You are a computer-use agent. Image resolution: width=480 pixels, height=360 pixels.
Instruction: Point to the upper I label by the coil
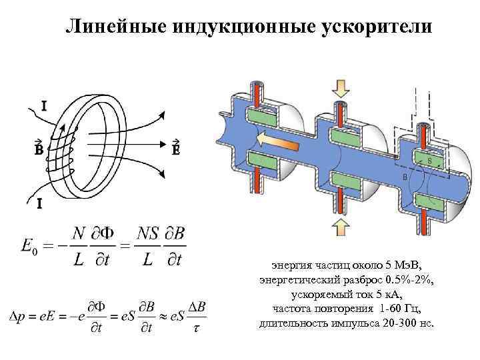pos(44,105)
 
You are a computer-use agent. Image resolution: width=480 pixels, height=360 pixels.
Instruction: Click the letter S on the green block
pos(430,161)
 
